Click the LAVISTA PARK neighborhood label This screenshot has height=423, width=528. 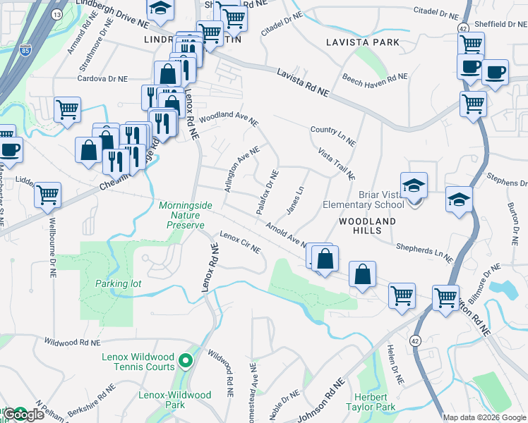363,42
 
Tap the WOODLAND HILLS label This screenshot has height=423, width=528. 367,221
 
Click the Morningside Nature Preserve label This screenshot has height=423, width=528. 185,215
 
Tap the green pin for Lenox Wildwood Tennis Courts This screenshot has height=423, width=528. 186,362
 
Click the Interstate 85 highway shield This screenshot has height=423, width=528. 26,50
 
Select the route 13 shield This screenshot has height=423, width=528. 57,14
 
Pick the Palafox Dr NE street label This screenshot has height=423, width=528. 268,192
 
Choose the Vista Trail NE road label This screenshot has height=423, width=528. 336,164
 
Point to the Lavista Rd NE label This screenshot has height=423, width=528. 304,83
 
